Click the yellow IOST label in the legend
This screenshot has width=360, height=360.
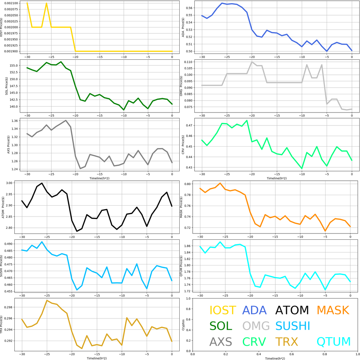click(x=223, y=310)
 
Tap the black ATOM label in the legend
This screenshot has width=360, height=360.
click(x=292, y=310)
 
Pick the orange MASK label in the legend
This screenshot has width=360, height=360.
click(x=333, y=310)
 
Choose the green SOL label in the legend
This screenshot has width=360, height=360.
click(x=221, y=326)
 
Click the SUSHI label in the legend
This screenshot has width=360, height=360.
click(x=292, y=326)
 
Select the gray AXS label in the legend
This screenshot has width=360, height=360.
click(x=221, y=341)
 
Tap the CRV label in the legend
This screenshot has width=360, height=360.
click(x=254, y=341)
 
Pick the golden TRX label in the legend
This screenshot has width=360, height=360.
click(x=287, y=341)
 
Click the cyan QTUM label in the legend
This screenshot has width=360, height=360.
click(x=334, y=341)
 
